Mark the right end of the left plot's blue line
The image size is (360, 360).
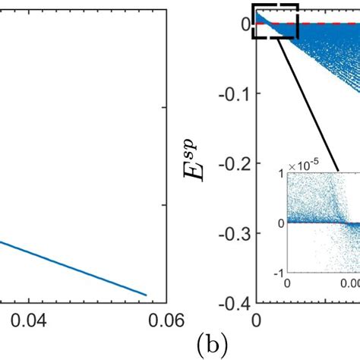pos(146,295)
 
